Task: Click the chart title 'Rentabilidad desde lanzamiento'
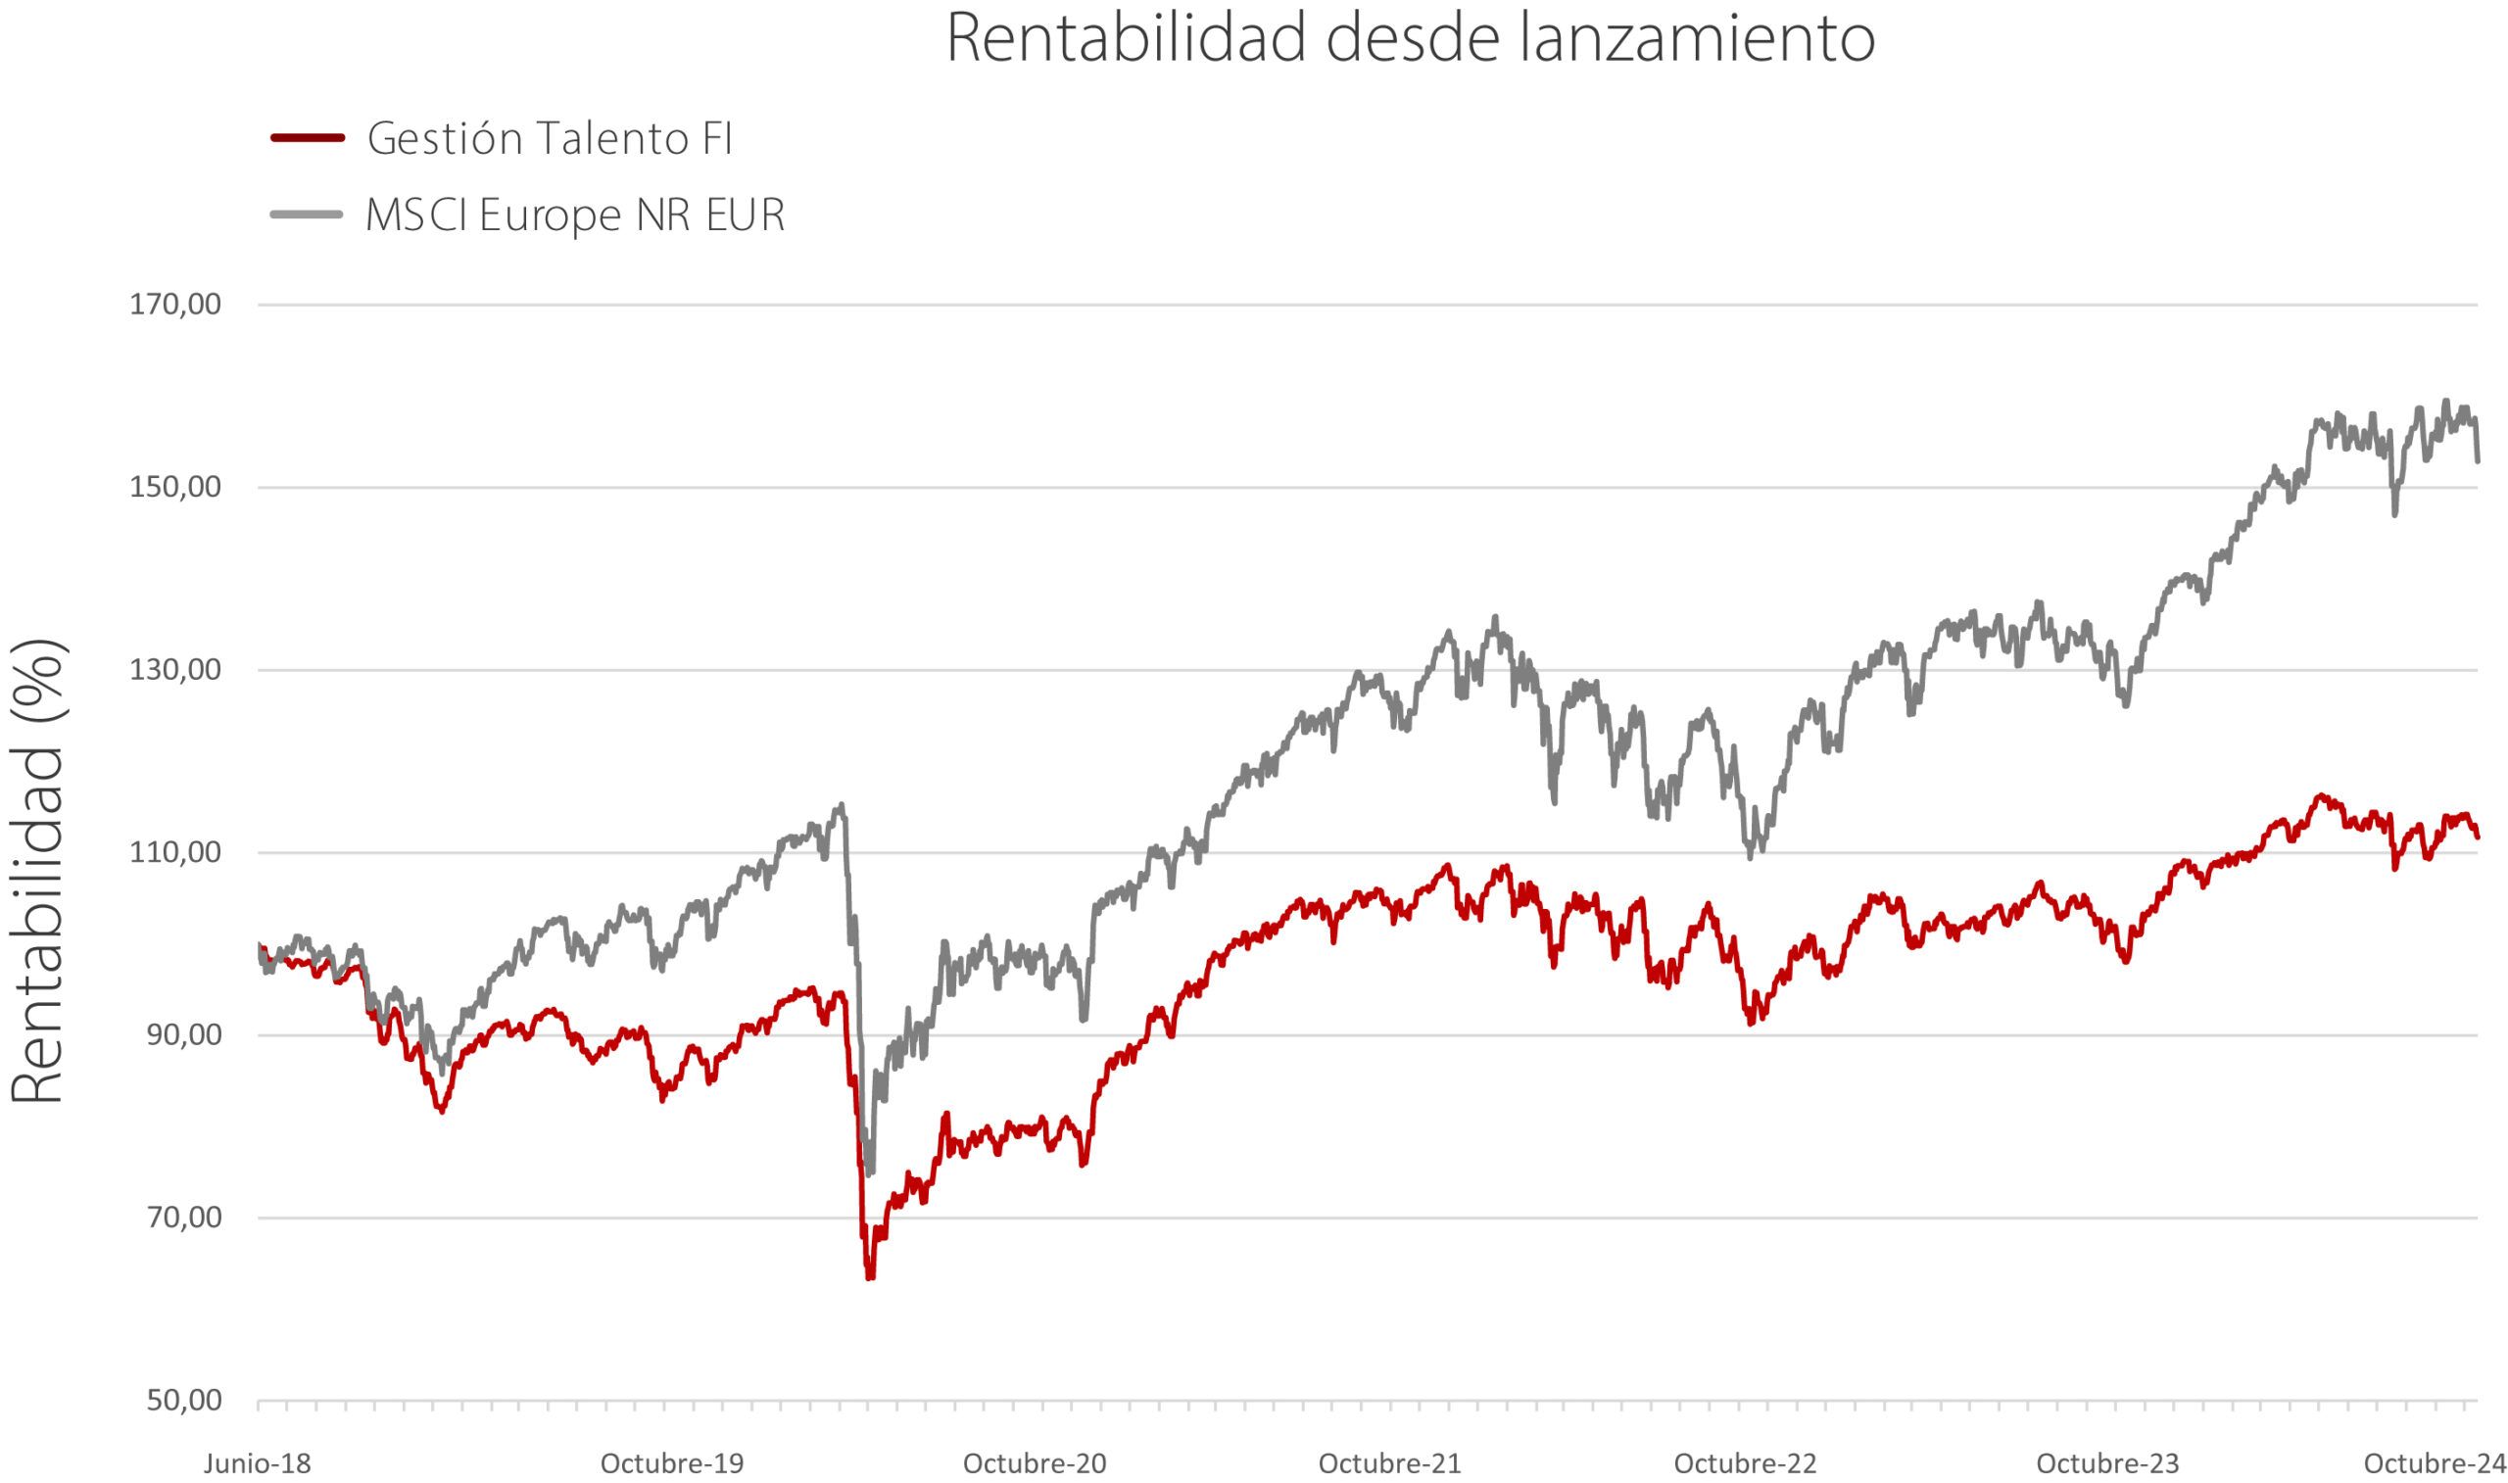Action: point(1410,38)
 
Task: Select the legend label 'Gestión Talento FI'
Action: point(550,138)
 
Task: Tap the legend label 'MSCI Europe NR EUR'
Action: point(575,215)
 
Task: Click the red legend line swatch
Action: point(308,138)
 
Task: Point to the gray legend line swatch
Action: point(308,214)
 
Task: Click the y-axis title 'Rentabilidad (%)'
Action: point(38,871)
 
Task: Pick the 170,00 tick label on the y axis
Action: point(174,304)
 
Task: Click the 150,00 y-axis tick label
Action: point(174,487)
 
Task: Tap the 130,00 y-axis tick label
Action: point(174,670)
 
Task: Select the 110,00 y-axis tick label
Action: point(174,852)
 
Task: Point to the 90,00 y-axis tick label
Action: point(184,1034)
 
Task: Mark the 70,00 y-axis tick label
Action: point(184,1218)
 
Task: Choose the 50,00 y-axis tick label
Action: point(184,1400)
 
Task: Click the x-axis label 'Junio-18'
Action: point(258,1464)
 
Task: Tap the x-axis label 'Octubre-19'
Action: point(672,1464)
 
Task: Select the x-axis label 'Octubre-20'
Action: point(1036,1464)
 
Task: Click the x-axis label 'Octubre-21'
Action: point(1390,1464)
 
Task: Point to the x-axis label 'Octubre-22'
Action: point(1746,1464)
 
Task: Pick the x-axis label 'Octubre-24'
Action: point(2436,1464)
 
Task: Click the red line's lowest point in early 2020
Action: point(870,1278)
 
